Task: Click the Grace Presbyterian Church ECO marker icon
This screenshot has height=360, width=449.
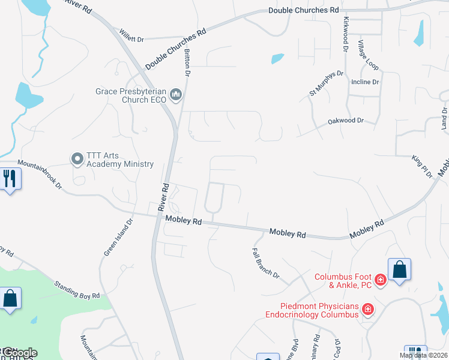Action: click(176, 95)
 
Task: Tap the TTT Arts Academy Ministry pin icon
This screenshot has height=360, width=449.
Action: click(77, 159)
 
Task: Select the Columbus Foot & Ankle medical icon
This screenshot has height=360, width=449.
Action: click(380, 280)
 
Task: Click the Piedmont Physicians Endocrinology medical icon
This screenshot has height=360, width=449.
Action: click(368, 310)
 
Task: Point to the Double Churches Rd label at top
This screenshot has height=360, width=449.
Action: click(303, 10)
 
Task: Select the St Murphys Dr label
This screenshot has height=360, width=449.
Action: click(326, 83)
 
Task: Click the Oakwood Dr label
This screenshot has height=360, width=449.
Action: click(346, 121)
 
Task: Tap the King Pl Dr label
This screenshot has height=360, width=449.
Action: click(422, 166)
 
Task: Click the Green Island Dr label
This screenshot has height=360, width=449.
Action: click(118, 237)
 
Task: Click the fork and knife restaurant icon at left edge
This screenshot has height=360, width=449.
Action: click(10, 179)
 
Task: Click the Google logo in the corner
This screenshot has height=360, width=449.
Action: click(19, 353)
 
